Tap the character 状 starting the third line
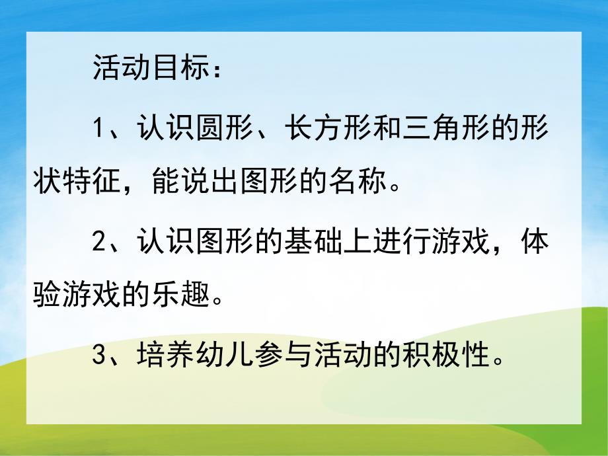[x=50, y=178]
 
